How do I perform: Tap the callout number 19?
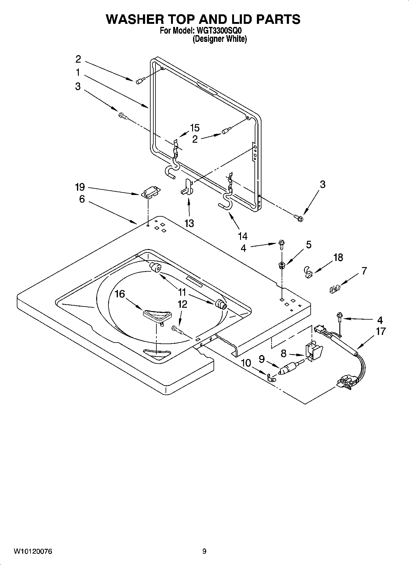(80, 187)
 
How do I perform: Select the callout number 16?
(119, 294)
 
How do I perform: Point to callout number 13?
(189, 223)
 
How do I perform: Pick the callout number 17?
(381, 331)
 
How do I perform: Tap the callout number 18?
(338, 258)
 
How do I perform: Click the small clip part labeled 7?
(335, 288)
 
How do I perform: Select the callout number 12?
(182, 304)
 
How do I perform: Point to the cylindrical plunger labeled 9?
(288, 369)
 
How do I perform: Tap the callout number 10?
(246, 363)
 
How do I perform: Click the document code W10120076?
(33, 551)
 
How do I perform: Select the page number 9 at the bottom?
(204, 551)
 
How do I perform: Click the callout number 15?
(195, 128)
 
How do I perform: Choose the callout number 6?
(82, 199)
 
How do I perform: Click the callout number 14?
(243, 236)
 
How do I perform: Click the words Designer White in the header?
(219, 39)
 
